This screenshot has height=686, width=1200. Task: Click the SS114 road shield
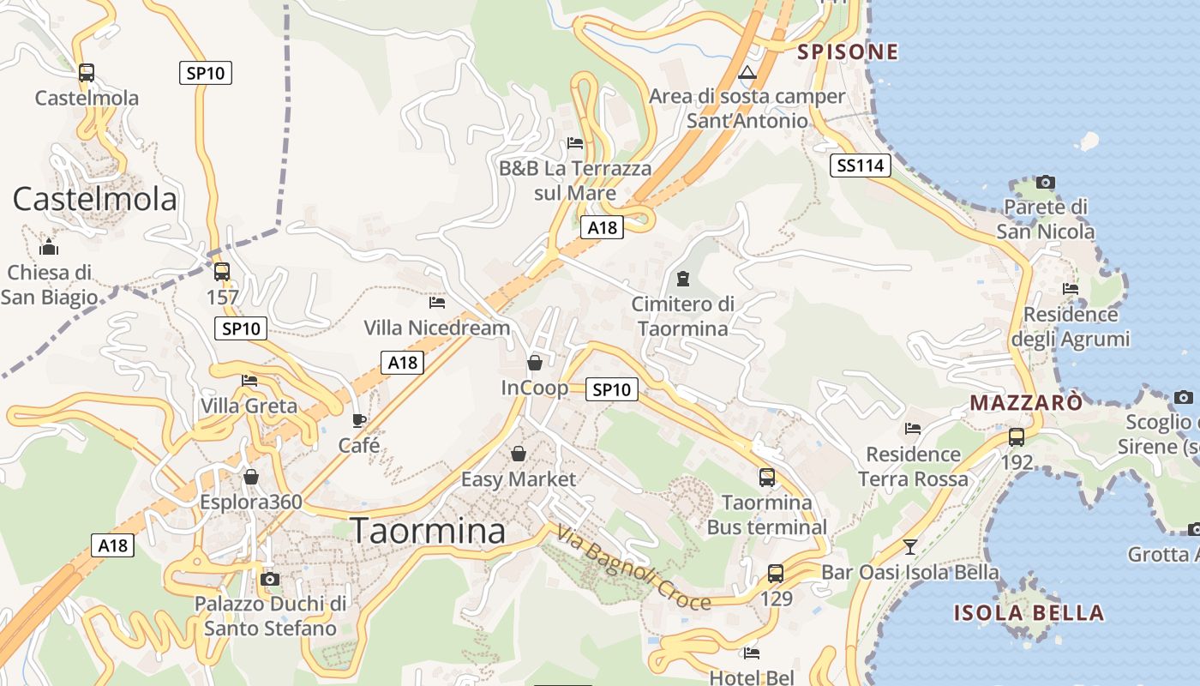pyautogui.click(x=860, y=165)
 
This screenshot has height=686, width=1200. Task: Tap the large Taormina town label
pyautogui.click(x=429, y=532)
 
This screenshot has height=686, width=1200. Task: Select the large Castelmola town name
pyautogui.click(x=94, y=199)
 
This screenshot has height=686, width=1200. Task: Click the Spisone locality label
pyautogui.click(x=848, y=51)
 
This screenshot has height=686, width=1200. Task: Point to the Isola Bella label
pyautogui.click(x=1029, y=613)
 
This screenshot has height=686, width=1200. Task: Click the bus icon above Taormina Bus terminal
pyautogui.click(x=766, y=478)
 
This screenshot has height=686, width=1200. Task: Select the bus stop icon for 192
pyautogui.click(x=1017, y=436)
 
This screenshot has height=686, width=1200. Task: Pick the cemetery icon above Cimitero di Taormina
pyautogui.click(x=683, y=279)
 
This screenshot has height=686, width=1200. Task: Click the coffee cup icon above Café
pyautogui.click(x=359, y=420)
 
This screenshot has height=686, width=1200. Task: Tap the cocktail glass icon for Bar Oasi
pyautogui.click(x=909, y=546)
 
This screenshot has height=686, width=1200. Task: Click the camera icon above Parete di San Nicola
pyautogui.click(x=1045, y=182)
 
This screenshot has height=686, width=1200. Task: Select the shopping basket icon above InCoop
pyautogui.click(x=534, y=363)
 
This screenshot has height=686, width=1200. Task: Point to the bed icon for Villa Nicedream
pyautogui.click(x=437, y=302)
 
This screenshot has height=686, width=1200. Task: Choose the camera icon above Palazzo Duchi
pyautogui.click(x=270, y=579)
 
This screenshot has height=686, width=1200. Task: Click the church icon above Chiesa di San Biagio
pyautogui.click(x=49, y=249)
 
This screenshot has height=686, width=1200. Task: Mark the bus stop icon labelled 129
pyautogui.click(x=776, y=573)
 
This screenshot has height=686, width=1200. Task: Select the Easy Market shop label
pyautogui.click(x=519, y=479)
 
